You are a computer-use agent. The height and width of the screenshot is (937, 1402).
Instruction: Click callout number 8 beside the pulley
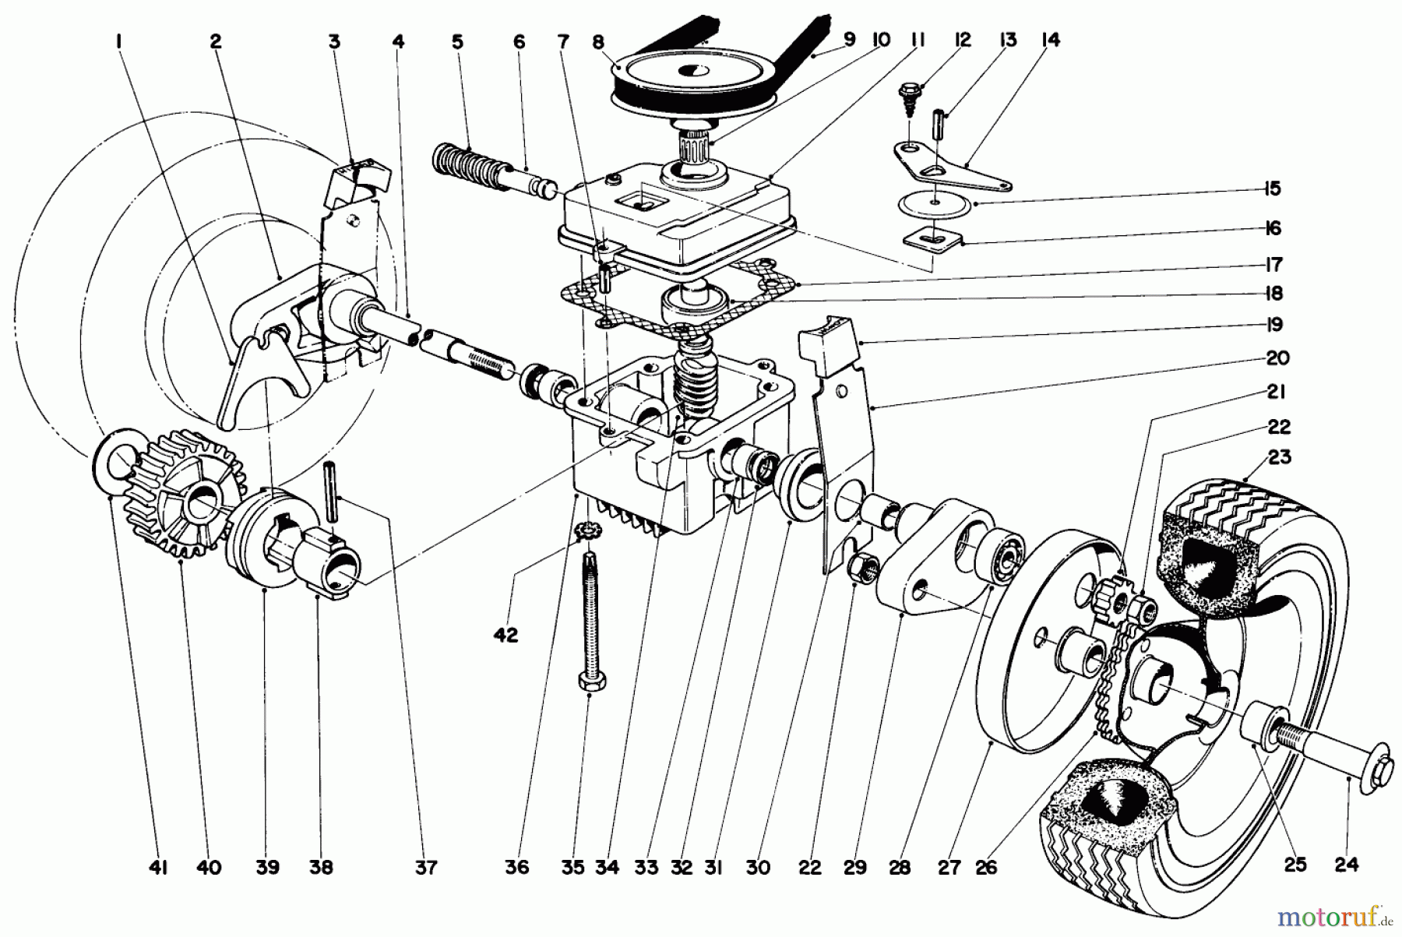(x=598, y=41)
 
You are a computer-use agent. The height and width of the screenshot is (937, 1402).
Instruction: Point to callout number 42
(x=505, y=636)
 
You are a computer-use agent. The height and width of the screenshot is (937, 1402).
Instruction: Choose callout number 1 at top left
(x=118, y=41)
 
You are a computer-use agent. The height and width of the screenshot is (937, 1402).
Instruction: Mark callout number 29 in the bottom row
(x=854, y=867)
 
